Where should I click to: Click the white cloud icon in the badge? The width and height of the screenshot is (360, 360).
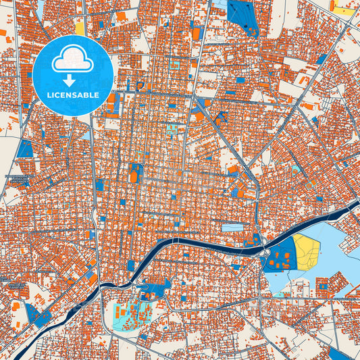[x=72, y=61]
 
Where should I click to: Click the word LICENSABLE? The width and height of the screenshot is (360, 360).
[x=72, y=96]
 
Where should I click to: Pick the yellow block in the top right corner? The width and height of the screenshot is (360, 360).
[x=344, y=10]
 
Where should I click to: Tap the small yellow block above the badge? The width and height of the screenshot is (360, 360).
[x=80, y=28]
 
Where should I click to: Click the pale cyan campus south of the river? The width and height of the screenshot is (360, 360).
[x=132, y=315]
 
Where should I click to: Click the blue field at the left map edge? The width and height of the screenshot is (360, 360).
[x=25, y=149]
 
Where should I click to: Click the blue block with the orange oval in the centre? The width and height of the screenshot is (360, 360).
[x=136, y=174]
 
